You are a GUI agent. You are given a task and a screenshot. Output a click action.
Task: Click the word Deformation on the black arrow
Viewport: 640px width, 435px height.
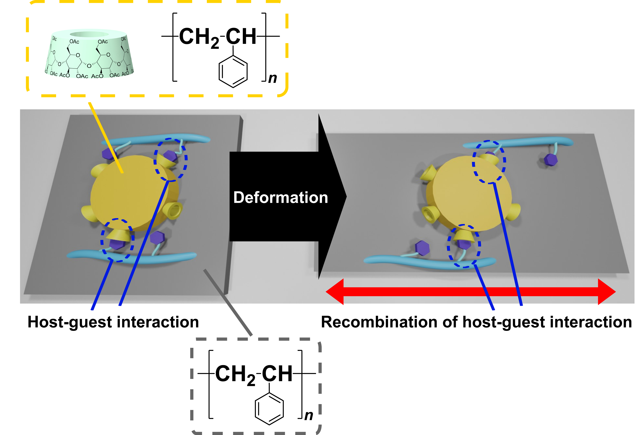280,198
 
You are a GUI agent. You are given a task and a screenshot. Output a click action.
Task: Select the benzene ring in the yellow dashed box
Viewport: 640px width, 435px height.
233,72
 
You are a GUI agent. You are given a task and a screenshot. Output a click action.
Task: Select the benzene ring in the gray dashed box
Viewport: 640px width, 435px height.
269,409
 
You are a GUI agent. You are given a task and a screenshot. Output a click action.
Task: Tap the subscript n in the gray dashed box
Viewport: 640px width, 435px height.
309,416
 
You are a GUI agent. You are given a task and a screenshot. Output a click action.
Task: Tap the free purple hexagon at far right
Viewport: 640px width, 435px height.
550,159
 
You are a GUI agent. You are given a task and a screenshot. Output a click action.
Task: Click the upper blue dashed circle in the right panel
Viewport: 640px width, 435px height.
489,162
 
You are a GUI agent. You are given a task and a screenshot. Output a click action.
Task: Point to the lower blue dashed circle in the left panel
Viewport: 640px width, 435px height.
117,240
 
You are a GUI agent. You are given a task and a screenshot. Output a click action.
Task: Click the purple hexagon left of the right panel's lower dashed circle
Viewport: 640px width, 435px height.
422,248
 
